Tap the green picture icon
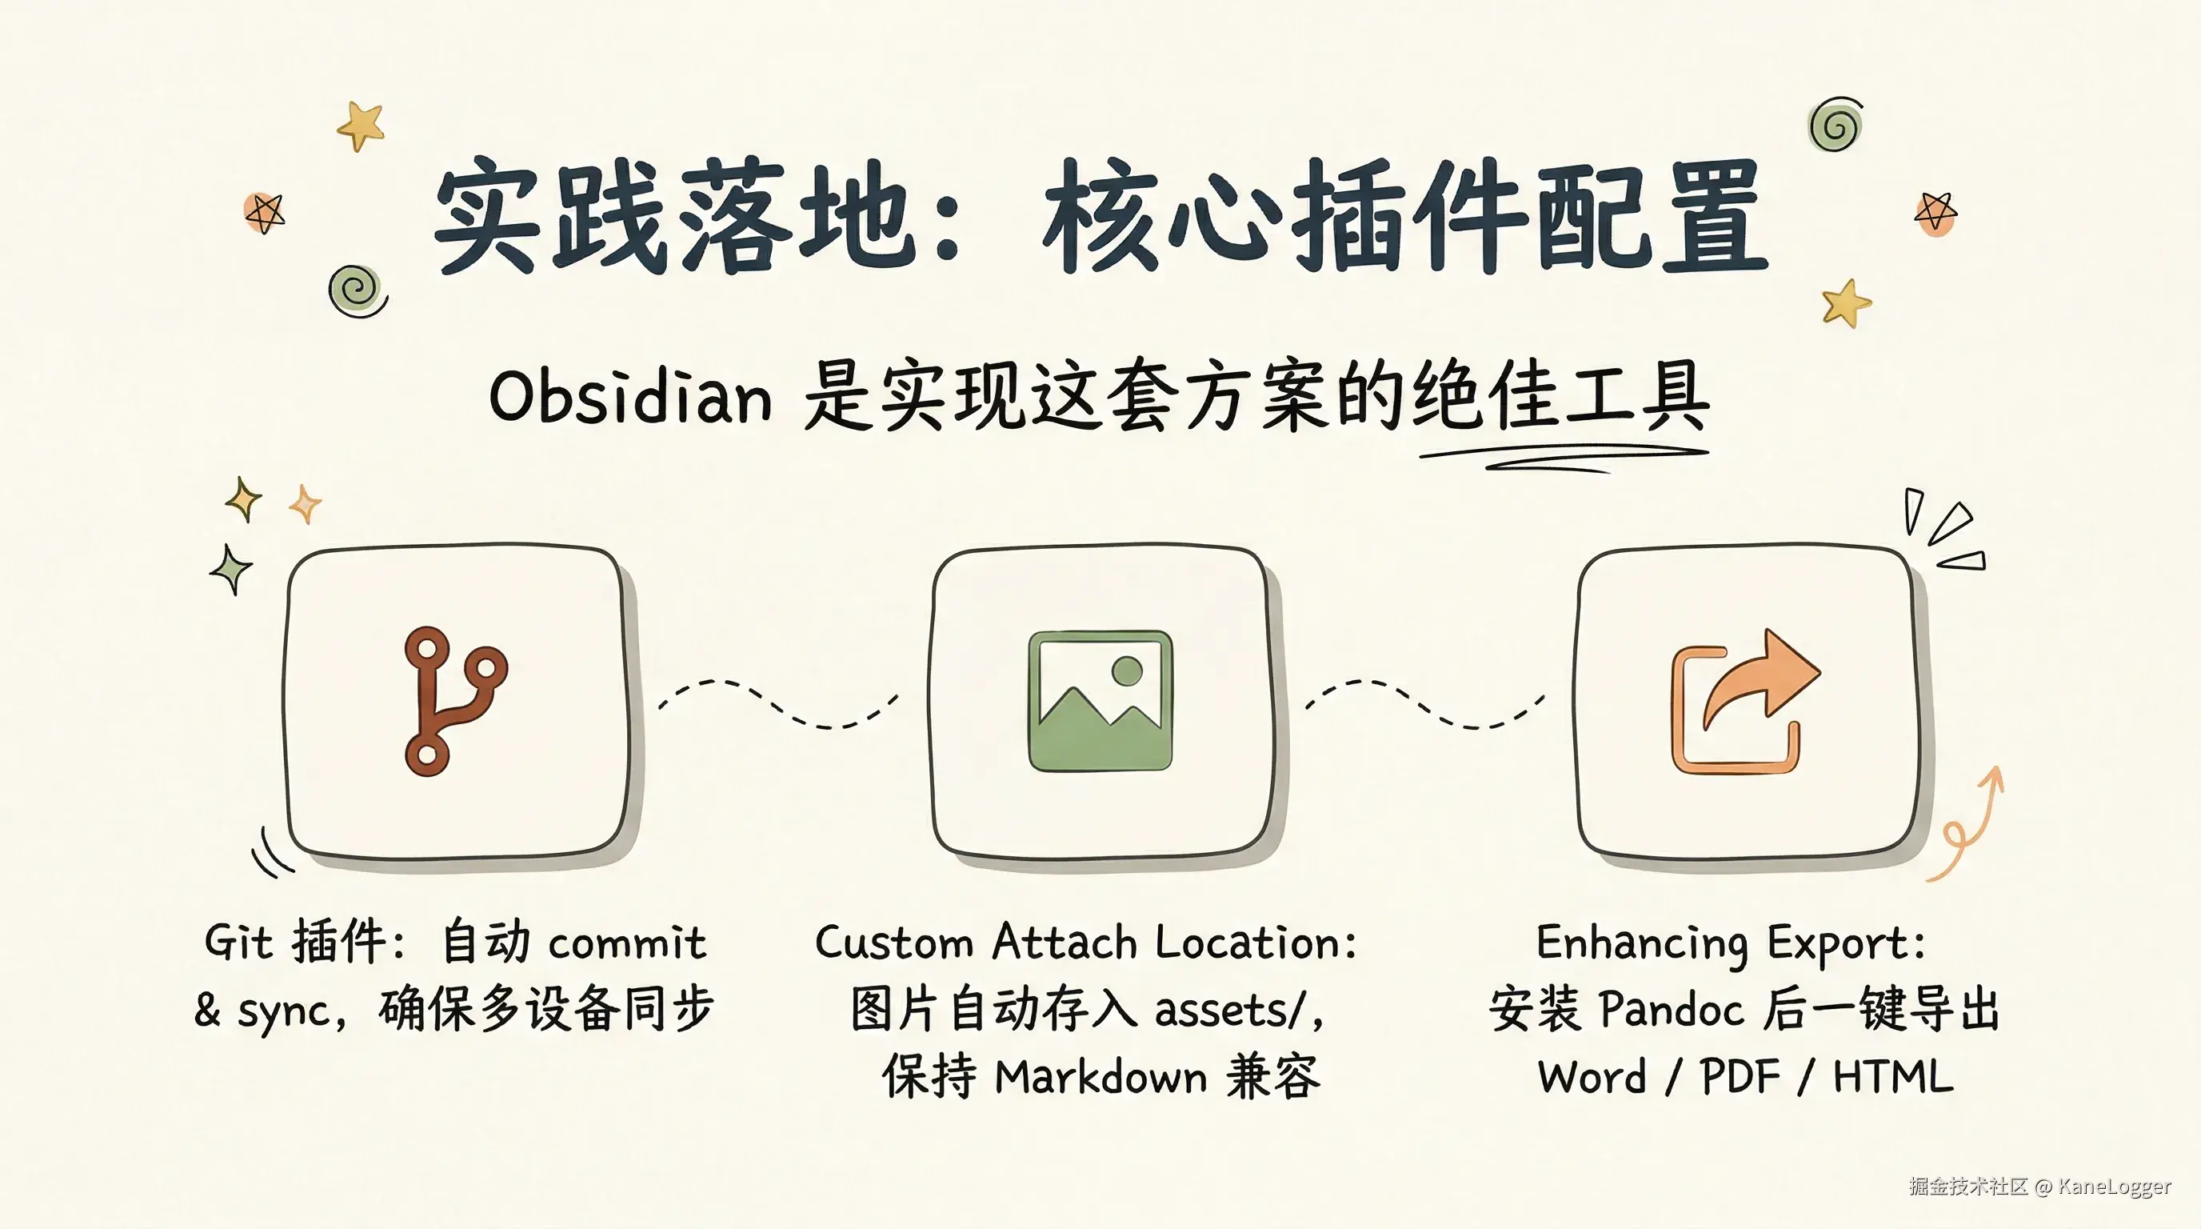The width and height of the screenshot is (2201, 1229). [x=1100, y=701]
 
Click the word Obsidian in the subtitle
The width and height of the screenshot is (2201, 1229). [x=630, y=397]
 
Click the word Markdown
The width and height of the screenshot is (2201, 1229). [x=1101, y=1076]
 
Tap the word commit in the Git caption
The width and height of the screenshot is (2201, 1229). [x=627, y=943]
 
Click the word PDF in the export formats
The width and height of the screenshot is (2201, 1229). [x=1740, y=1076]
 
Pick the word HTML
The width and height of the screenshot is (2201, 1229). [x=1892, y=1076]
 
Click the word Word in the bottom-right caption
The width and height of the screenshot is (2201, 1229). [x=1592, y=1076]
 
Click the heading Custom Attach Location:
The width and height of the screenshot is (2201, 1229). [x=1086, y=942]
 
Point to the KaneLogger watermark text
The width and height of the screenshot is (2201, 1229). [x=2114, y=1187]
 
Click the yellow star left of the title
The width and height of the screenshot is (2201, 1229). [x=361, y=126]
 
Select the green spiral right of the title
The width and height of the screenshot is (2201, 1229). [x=1836, y=125]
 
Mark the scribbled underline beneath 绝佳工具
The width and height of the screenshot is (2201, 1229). [x=1564, y=457]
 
